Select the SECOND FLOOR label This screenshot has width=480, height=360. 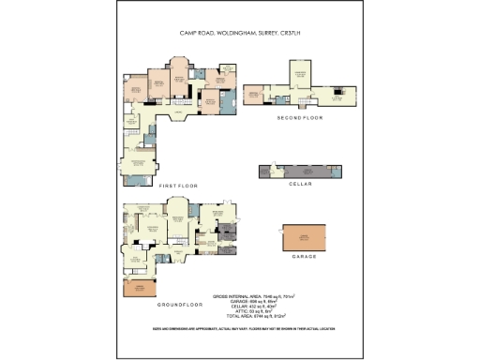[x=299, y=119]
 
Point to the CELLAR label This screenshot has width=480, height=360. [x=299, y=184]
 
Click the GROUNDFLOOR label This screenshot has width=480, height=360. [x=180, y=305]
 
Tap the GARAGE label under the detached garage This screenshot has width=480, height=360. [x=306, y=255]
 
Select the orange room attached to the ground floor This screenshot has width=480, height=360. [x=138, y=288]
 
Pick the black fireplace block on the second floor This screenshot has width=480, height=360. [x=339, y=94]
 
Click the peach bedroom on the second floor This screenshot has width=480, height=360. [x=253, y=94]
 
